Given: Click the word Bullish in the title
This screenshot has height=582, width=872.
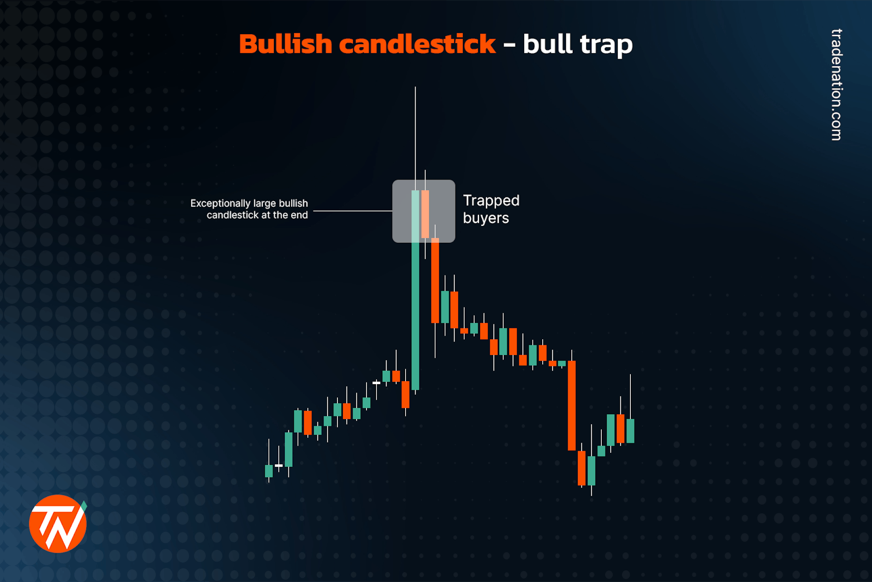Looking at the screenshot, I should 285,44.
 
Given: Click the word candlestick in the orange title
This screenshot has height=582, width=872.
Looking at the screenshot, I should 417,44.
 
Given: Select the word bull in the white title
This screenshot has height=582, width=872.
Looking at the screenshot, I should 547,44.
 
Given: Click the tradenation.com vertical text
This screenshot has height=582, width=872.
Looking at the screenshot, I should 836,85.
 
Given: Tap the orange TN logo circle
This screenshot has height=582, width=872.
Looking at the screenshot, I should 58,524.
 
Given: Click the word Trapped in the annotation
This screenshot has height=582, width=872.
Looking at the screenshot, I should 491,201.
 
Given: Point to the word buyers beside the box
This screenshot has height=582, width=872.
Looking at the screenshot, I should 486,218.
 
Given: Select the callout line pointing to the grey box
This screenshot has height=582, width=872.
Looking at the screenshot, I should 352,211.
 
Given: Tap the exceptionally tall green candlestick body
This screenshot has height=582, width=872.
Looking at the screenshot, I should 415,314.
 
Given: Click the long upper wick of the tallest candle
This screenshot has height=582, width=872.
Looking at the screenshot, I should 415,136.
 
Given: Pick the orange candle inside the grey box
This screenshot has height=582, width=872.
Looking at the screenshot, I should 425,214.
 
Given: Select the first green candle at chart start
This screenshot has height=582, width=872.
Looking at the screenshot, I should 269,471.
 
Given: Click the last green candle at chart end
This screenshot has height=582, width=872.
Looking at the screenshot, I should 630,431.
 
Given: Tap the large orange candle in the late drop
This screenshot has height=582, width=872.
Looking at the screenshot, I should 572,405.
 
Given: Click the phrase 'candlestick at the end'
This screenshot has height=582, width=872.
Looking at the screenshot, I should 257,215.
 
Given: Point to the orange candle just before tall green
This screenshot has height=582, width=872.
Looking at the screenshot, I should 406,394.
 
